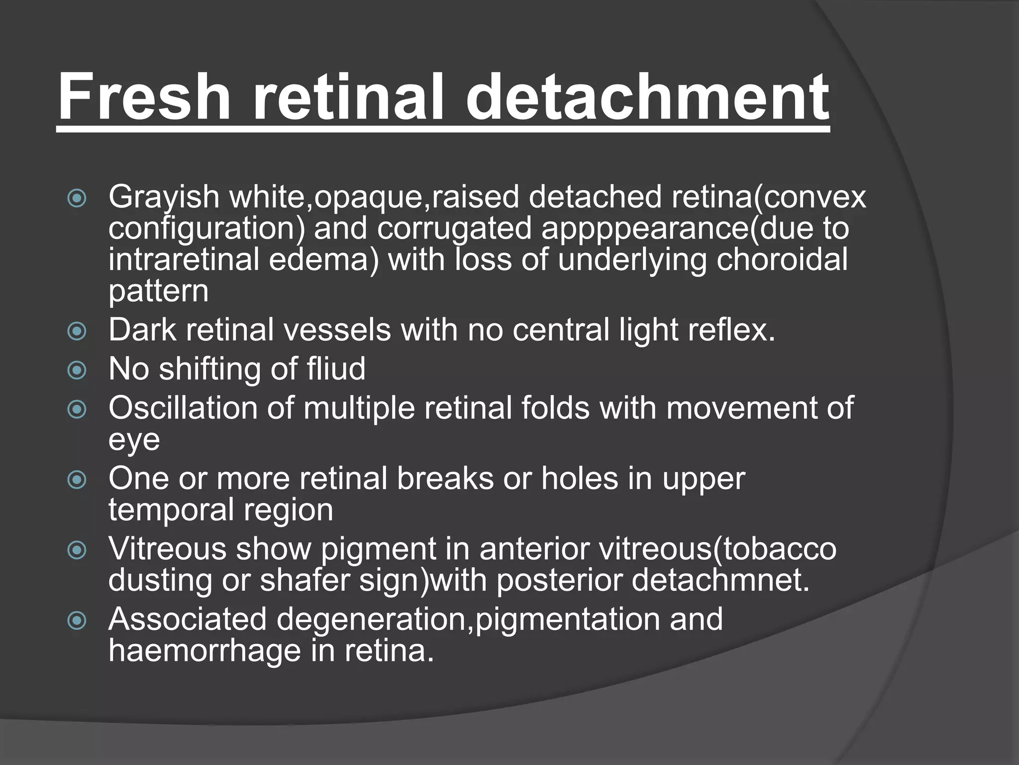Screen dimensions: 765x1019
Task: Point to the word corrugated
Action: point(454,229)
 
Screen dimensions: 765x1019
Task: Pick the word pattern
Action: point(158,292)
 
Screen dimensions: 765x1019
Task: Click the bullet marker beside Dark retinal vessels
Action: point(77,331)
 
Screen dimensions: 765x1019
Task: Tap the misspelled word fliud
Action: point(336,369)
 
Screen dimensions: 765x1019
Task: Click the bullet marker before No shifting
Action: point(77,370)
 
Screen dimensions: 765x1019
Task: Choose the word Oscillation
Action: point(183,408)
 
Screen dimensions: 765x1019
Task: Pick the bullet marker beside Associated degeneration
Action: point(77,621)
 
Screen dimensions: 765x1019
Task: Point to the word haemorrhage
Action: point(204,651)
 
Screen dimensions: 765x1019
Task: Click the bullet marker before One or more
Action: point(77,480)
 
